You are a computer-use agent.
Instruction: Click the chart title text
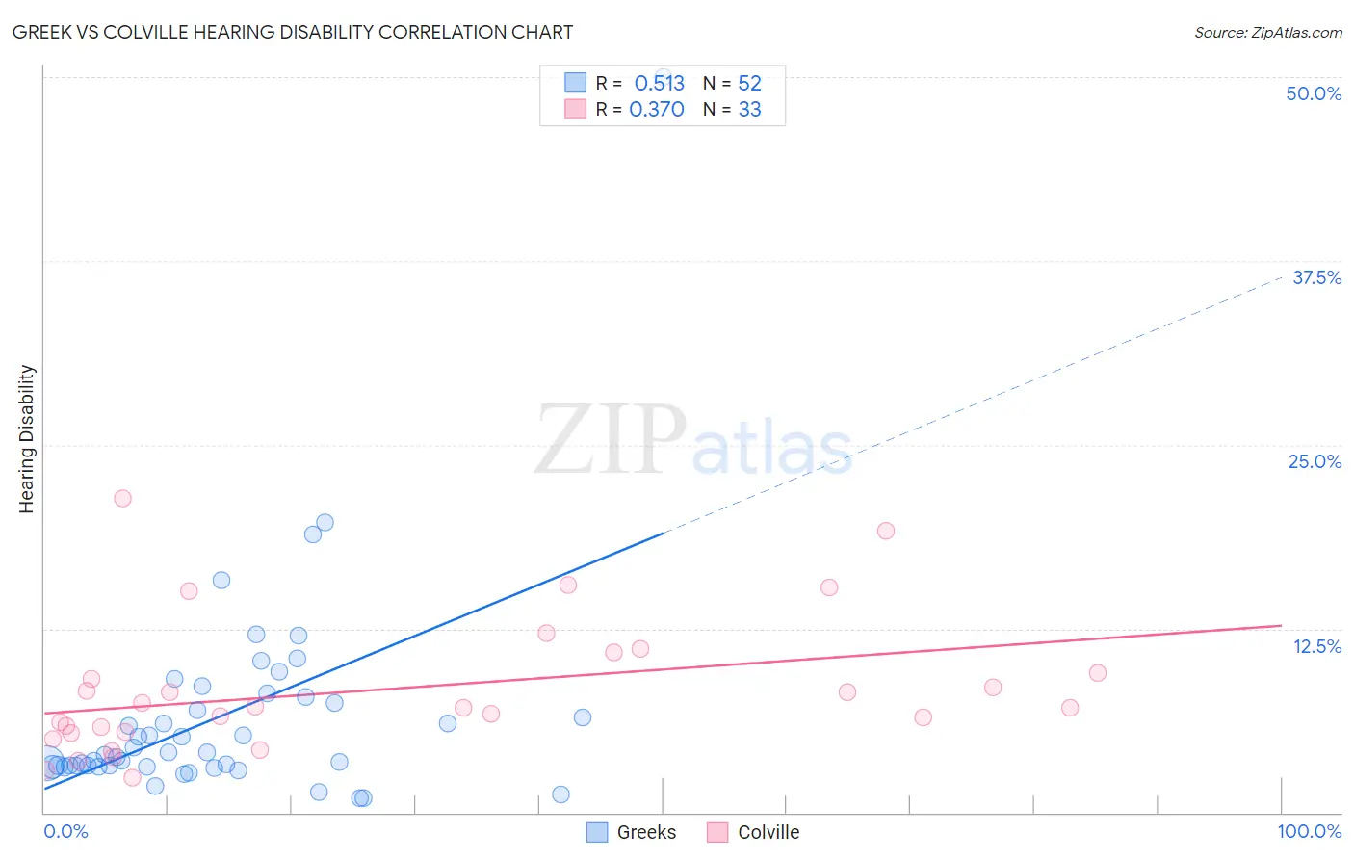[293, 32]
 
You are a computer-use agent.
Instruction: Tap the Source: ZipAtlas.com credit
[1267, 32]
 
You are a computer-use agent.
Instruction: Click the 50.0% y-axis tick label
[1314, 93]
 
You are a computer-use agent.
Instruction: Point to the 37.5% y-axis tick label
[1316, 277]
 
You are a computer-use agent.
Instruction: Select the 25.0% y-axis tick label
[1315, 461]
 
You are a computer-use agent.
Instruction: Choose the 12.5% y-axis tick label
[1316, 646]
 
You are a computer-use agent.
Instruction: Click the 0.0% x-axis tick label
[65, 831]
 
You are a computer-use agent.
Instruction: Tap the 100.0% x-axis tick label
[1309, 831]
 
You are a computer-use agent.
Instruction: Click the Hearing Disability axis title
[27, 439]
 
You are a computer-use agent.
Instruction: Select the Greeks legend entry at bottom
[632, 832]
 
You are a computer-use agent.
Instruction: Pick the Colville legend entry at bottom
[753, 832]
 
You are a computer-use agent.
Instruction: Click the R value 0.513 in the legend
[659, 84]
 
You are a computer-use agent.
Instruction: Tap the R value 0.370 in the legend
[657, 110]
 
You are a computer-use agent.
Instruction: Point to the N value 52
[749, 84]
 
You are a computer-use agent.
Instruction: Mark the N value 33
[749, 110]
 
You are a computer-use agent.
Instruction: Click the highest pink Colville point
[122, 498]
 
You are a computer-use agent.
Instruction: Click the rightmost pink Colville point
[1098, 673]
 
